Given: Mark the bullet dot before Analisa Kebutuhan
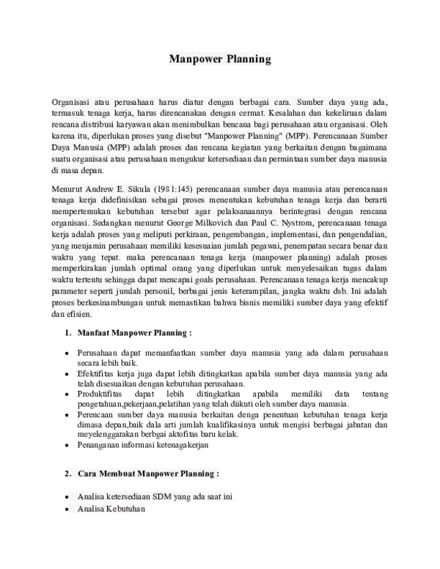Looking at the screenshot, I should tap(67, 510).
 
